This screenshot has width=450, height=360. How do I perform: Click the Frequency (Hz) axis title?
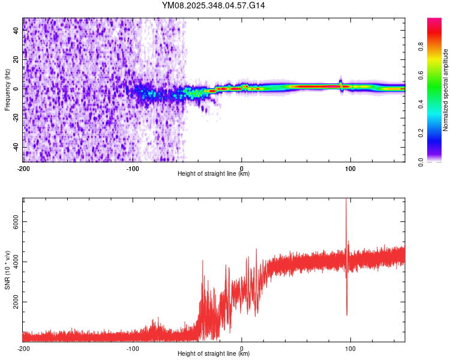tap(7, 90)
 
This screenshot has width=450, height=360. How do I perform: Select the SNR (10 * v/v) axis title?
tap(7, 270)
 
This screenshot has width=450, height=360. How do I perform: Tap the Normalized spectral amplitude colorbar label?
tap(446, 90)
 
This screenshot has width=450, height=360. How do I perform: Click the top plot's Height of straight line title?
tap(214, 173)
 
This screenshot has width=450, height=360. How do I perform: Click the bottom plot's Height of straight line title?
tap(214, 353)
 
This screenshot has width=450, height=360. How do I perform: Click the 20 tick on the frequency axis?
tap(16, 59)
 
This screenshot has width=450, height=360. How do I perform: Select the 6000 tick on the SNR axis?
tap(16, 222)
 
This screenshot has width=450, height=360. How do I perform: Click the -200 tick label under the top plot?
tap(23, 169)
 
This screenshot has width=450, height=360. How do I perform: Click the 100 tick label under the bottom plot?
tap(350, 349)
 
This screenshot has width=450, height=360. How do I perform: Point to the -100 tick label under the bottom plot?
tap(133, 349)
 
